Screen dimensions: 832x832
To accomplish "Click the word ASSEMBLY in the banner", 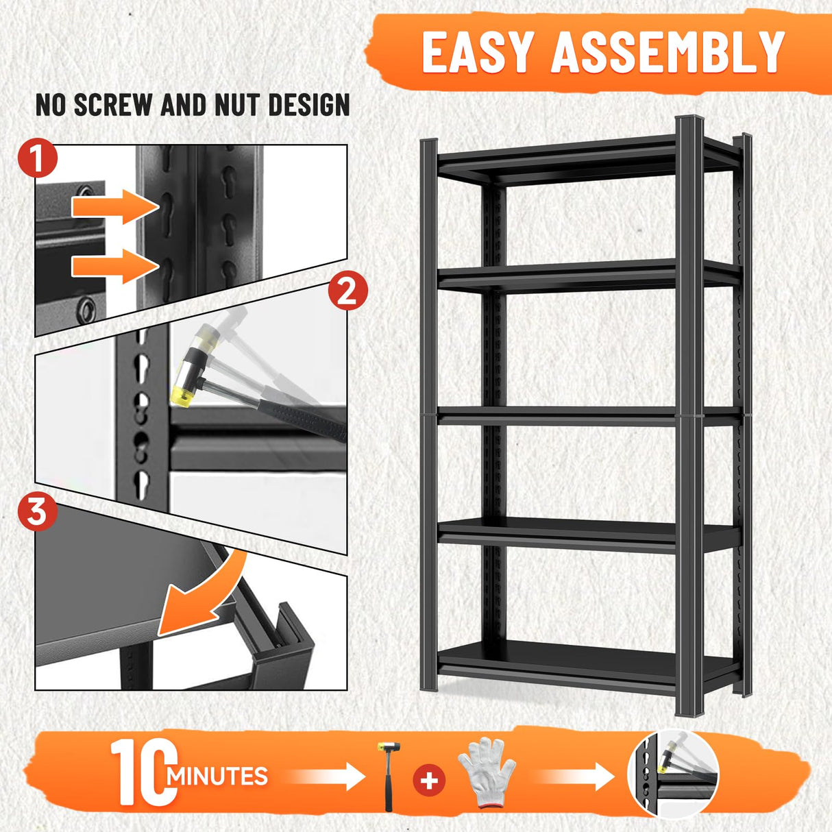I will coord(668,52).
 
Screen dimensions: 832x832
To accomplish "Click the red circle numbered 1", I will coord(38,159).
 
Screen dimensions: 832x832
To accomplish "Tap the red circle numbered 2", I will coord(347,292).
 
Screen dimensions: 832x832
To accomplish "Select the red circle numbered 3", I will coord(36,511).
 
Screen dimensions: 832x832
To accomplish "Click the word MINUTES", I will coord(218,776).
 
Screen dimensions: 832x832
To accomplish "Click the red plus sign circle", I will coord(429,781).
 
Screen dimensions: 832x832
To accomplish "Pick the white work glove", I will coord(486,771).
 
